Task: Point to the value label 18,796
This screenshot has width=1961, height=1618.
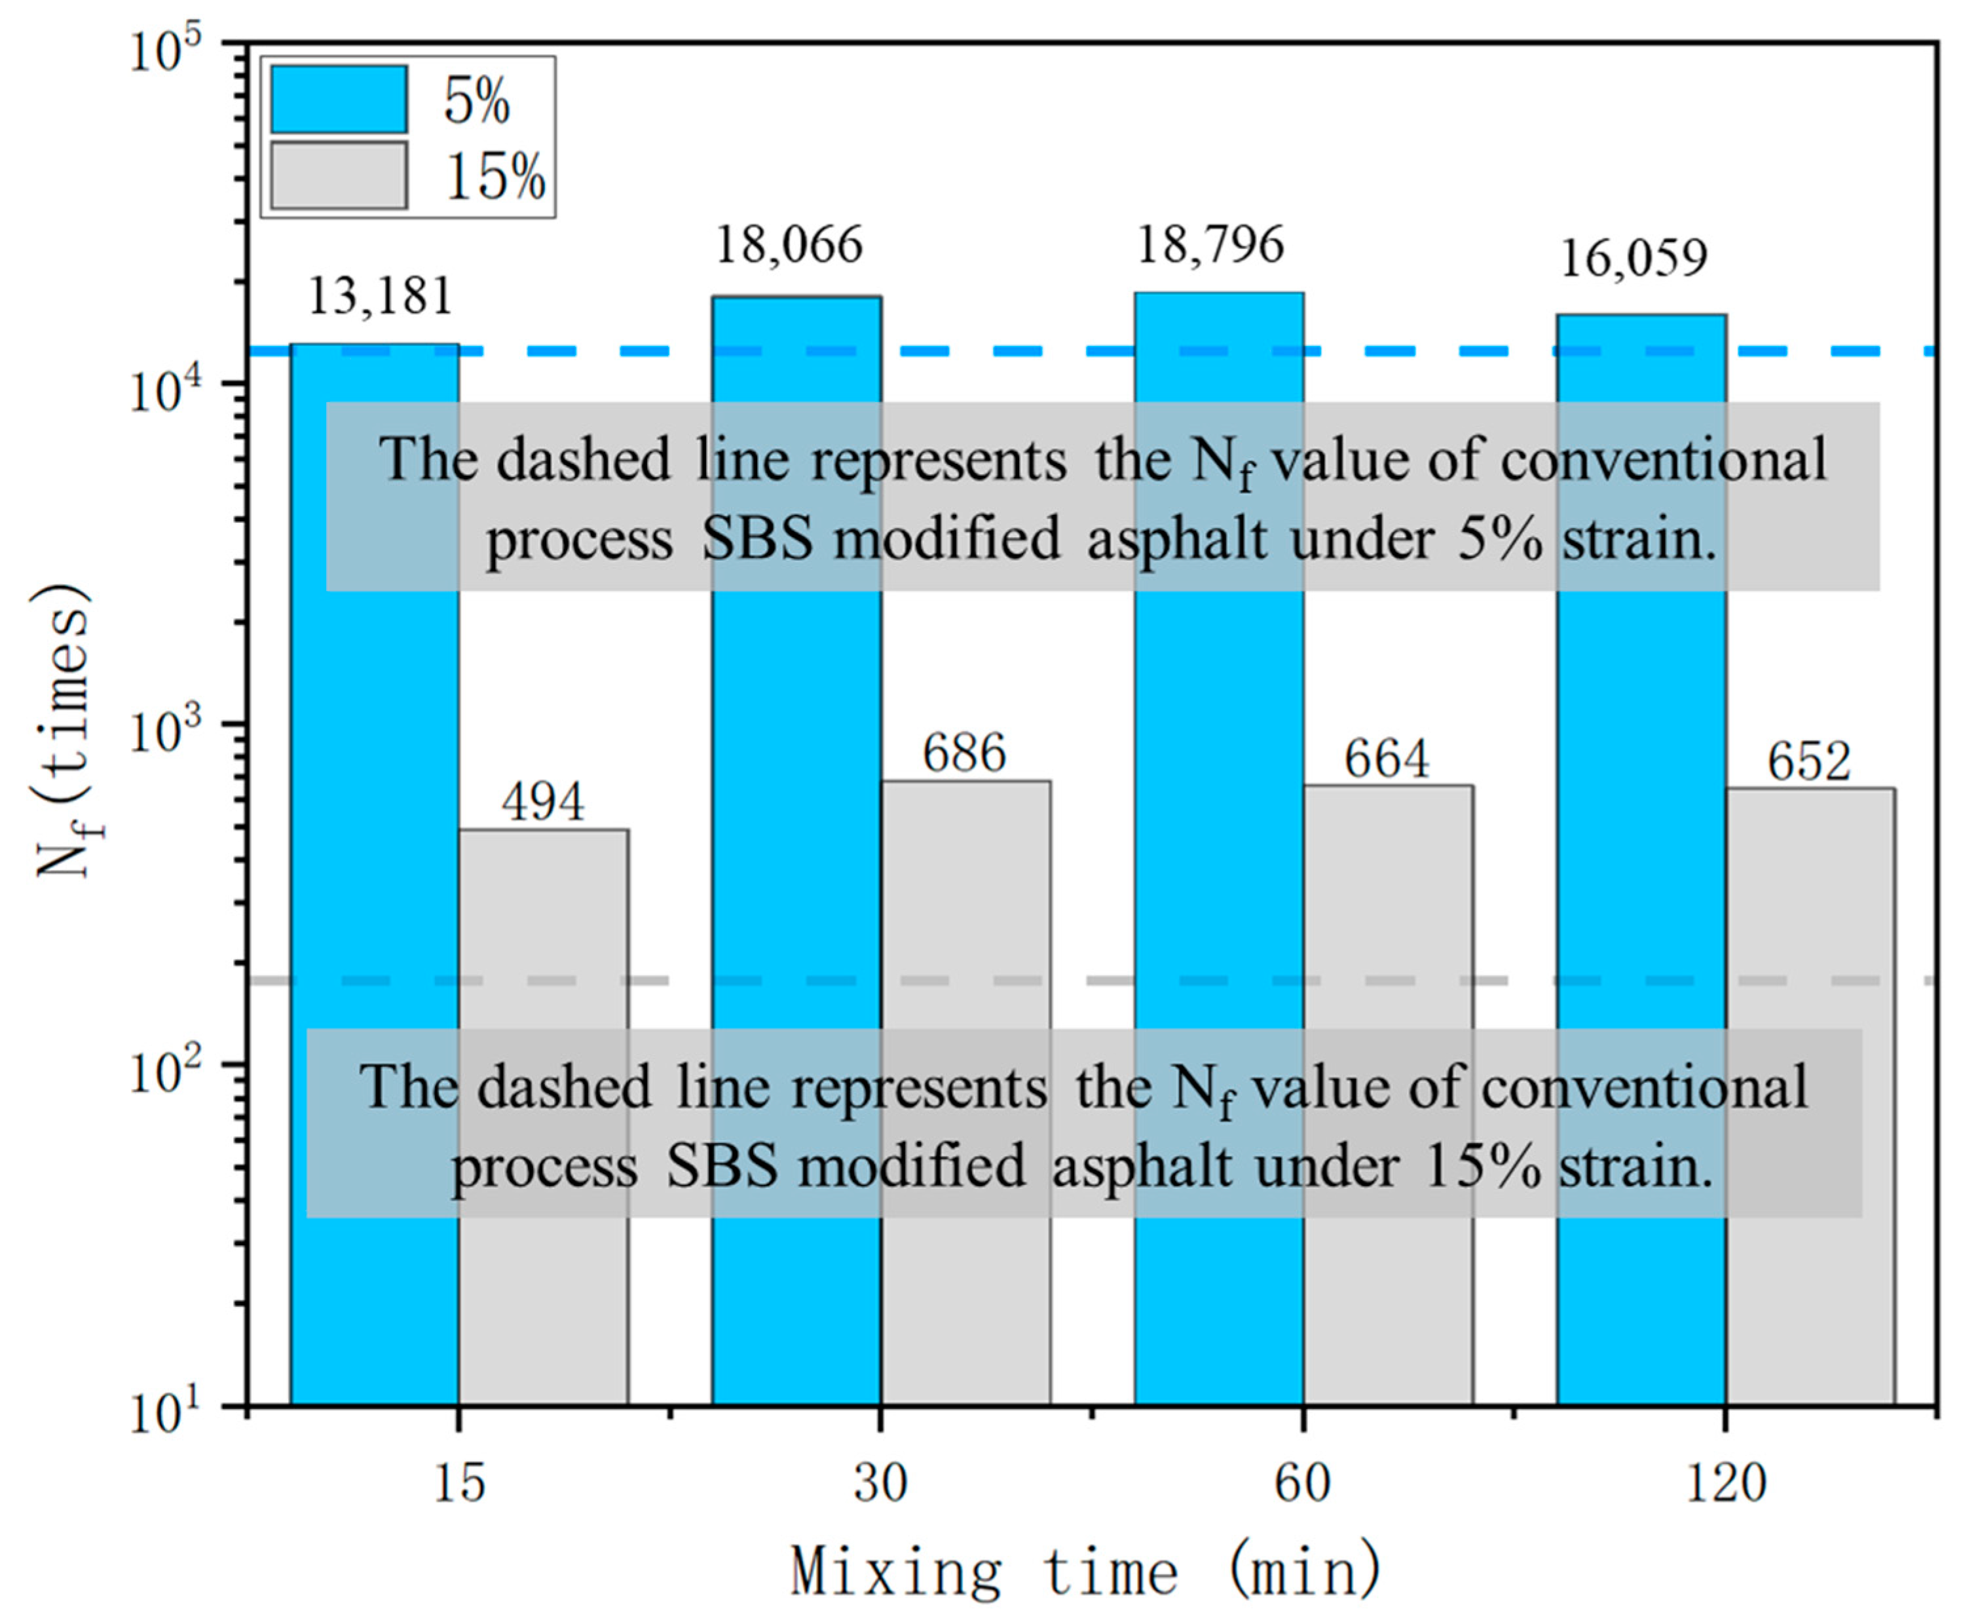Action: (1210, 245)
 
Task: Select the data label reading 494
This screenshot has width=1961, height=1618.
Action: (544, 802)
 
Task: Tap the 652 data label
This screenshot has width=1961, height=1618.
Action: (1809, 762)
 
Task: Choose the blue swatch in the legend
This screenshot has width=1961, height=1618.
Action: (339, 100)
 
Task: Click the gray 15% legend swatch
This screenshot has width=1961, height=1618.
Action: (339, 175)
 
